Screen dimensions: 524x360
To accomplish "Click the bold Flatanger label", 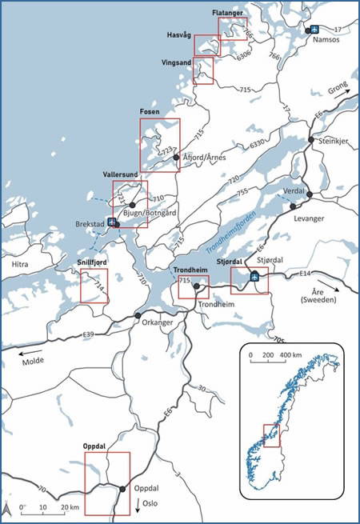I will click(229, 14).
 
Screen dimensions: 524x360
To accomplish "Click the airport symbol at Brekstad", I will click(112, 222).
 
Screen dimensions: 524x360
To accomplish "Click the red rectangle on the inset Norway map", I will click(272, 436).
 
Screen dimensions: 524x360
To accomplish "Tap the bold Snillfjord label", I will click(92, 261).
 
